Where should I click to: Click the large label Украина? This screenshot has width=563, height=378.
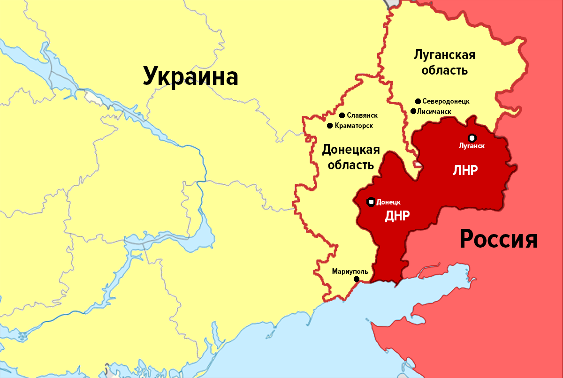coord(190,76)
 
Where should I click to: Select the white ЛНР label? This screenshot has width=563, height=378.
coord(465,170)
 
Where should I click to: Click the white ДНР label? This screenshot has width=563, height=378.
coord(397,216)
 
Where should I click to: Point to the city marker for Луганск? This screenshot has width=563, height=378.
coord(472,137)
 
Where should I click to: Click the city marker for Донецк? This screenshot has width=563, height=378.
coord(371,202)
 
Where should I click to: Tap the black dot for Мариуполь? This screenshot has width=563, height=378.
coord(357,279)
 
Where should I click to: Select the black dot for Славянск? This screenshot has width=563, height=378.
coord(342,115)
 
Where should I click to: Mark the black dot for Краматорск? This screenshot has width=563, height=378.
coord(330,126)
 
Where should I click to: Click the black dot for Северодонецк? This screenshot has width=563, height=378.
coord(418,101)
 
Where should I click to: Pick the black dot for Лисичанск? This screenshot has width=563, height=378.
coord(413,111)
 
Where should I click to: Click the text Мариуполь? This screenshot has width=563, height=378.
coord(350,271)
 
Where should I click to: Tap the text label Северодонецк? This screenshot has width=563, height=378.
coord(446,101)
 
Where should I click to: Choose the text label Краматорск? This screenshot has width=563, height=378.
coord(355,126)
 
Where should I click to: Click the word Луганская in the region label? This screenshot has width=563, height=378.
coord(444,55)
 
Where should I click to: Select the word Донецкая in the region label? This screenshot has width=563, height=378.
coord(350,150)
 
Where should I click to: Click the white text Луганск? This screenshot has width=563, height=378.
coord(472,146)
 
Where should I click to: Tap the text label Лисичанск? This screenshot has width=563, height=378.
coord(434,112)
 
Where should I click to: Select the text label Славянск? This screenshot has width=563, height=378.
coord(362,115)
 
